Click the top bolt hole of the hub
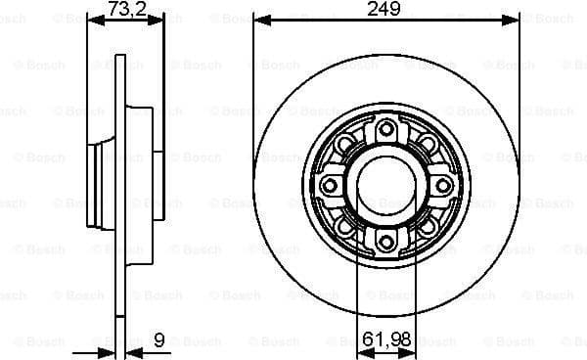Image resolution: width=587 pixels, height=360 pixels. coord(385,128)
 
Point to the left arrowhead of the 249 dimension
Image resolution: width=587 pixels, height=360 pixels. coord(259,19)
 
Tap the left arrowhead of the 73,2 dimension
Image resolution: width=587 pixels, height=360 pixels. coord(93,19)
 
